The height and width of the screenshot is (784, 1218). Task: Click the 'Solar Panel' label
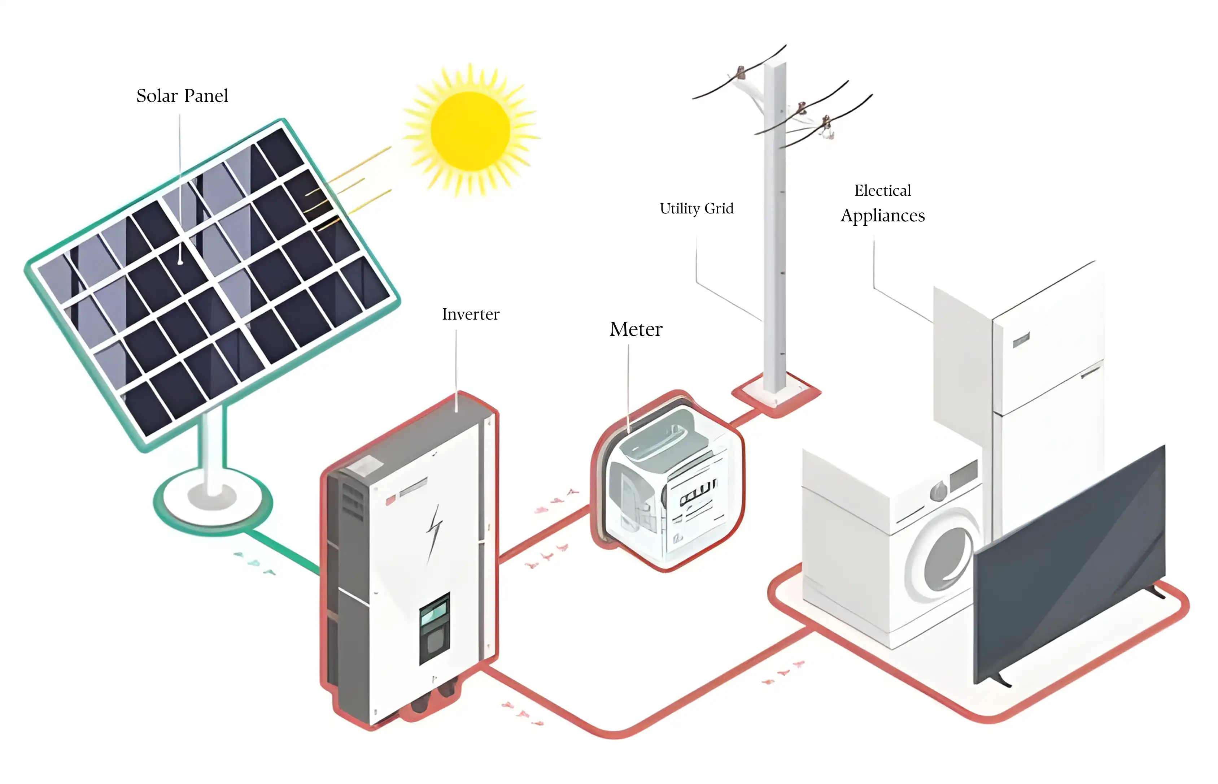click(x=182, y=96)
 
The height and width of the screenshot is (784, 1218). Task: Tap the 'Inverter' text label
click(x=470, y=314)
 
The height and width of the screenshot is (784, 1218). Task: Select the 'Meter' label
click(x=636, y=329)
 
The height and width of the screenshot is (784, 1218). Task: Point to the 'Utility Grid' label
click(x=696, y=208)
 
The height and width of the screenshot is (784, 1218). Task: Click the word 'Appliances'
click(x=882, y=216)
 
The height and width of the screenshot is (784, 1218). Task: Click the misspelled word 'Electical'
click(x=882, y=190)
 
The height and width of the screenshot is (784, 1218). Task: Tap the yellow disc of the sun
click(x=470, y=130)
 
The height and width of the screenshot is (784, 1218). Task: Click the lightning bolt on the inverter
click(x=434, y=532)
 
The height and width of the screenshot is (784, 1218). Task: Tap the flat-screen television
click(x=1069, y=565)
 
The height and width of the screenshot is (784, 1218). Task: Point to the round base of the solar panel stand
click(x=213, y=502)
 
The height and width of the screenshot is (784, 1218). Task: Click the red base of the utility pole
click(x=776, y=395)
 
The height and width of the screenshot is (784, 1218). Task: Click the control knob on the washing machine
click(x=938, y=491)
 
